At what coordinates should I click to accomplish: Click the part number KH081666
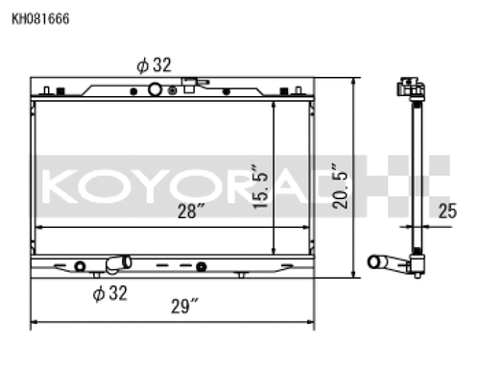[38, 17]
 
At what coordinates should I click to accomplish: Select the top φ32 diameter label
[154, 65]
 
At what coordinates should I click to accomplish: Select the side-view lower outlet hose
[387, 260]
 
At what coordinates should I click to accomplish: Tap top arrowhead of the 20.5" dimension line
[355, 84]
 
